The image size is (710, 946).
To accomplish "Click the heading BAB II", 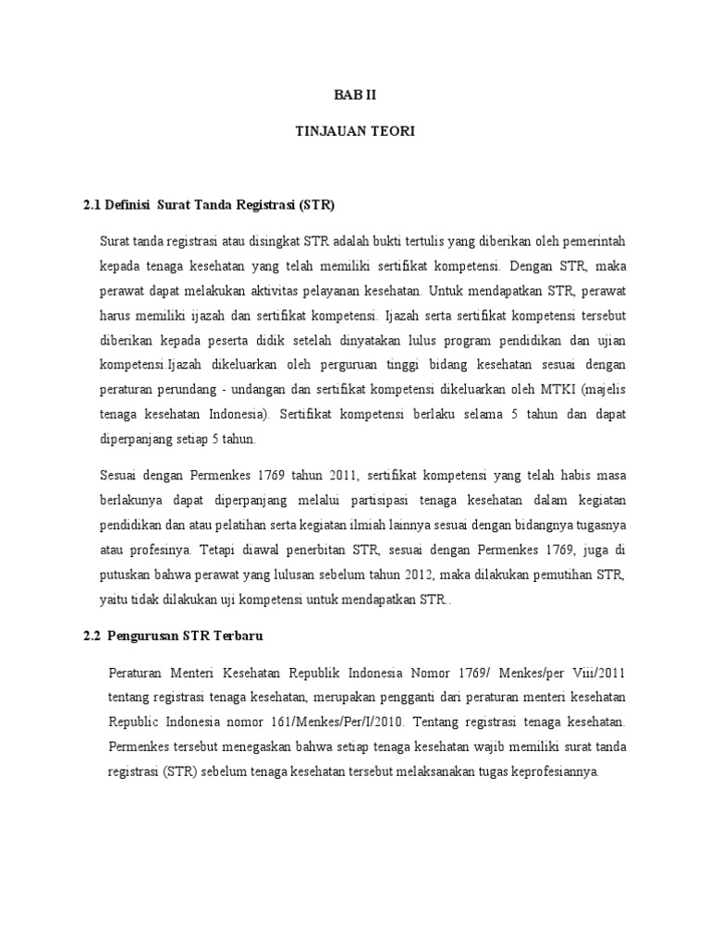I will pos(355,94).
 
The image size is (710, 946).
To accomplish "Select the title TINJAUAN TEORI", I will pos(355,132).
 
